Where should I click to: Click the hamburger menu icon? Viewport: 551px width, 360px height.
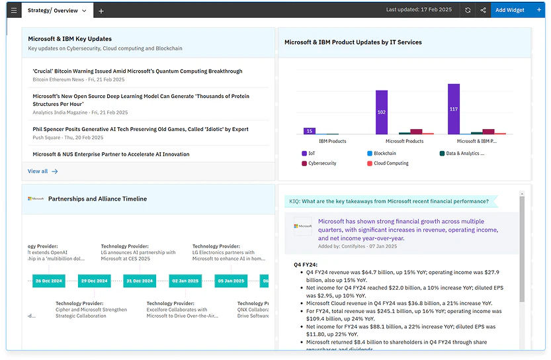click(x=14, y=11)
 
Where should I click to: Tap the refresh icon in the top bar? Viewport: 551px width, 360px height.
click(x=468, y=11)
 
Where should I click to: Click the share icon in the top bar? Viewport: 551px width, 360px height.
click(x=483, y=11)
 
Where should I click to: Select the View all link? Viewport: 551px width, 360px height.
click(x=42, y=171)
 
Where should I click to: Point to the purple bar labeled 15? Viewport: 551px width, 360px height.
click(x=309, y=131)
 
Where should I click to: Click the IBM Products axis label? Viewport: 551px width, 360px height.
click(x=333, y=141)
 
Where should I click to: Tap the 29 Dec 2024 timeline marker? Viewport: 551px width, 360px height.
click(x=94, y=281)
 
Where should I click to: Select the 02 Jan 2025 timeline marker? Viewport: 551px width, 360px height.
click(x=185, y=281)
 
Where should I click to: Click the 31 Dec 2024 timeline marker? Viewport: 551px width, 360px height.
click(x=140, y=281)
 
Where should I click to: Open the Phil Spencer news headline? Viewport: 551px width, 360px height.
click(x=140, y=130)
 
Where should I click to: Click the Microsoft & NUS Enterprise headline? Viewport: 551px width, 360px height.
click(x=111, y=154)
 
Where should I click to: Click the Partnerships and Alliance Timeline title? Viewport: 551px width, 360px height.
click(x=97, y=199)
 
